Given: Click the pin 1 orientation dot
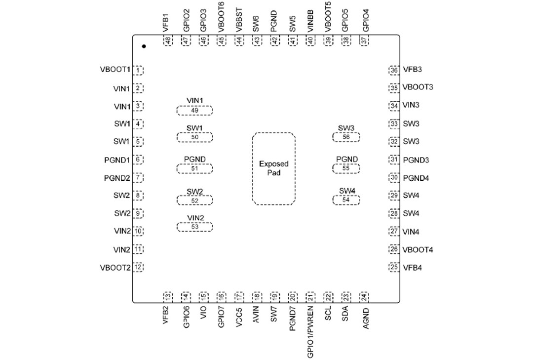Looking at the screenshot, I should coord(144,46).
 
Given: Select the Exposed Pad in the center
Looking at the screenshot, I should coord(274,168).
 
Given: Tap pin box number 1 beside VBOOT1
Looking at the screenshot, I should coord(139,71).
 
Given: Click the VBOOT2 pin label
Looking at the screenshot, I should coord(115,268).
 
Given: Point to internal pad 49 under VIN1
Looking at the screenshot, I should coord(195,110).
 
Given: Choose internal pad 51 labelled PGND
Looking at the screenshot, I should coord(195,168).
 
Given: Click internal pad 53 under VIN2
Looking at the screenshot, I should coord(195,227).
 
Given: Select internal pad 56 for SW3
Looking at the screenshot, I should coord(346,137).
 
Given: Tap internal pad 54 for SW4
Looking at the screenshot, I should coord(346,200).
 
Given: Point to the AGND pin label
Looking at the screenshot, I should coord(366,318).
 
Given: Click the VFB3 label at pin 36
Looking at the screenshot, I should coord(412,70).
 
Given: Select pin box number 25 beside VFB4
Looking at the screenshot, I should coord(394,268).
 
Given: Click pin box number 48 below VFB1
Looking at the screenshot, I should coord(168,41).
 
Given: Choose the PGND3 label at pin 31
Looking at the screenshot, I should coord(416,160).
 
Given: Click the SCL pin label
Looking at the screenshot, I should coord(328,315).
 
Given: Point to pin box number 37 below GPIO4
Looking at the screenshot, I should coord(365,41).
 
